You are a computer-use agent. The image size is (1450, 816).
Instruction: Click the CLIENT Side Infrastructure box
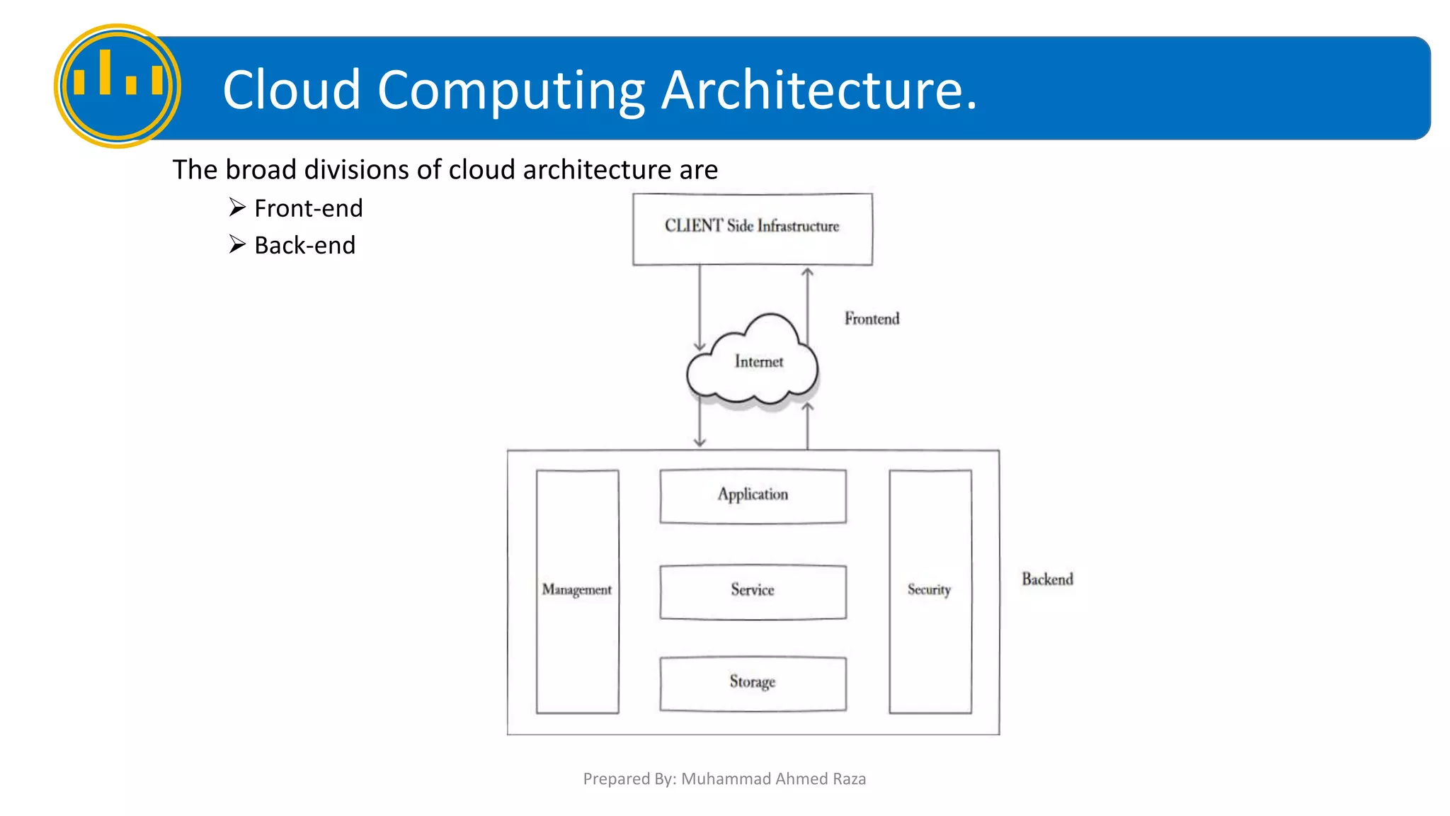pyautogui.click(x=752, y=229)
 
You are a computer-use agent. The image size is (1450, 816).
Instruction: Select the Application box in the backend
pyautogui.click(x=753, y=495)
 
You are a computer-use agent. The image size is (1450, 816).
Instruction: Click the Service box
pyautogui.click(x=753, y=591)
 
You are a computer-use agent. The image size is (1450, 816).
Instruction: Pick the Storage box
pyautogui.click(x=753, y=683)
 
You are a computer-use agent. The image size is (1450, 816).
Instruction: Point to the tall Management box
pyautogui.click(x=577, y=590)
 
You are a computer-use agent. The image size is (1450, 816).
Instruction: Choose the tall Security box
pyautogui.click(x=930, y=590)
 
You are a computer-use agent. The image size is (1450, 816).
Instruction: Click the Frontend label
pyautogui.click(x=872, y=319)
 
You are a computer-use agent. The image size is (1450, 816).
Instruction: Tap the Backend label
pyautogui.click(x=1047, y=579)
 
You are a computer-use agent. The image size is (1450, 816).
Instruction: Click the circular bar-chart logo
pyautogui.click(x=118, y=86)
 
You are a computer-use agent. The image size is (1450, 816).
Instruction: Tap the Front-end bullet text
pyautogui.click(x=308, y=208)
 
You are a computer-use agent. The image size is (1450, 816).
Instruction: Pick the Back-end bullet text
pyautogui.click(x=304, y=245)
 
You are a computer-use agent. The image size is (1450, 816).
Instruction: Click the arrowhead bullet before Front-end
pyautogui.click(x=237, y=207)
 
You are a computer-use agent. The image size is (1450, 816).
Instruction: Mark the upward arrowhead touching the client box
pyautogui.click(x=807, y=273)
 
